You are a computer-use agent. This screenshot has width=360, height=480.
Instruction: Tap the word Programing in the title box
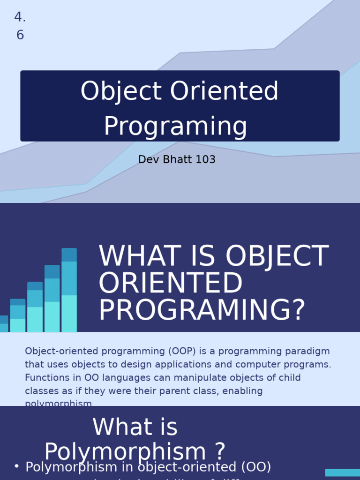pyautogui.click(x=175, y=127)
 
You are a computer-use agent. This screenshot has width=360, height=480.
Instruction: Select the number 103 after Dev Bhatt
pyautogui.click(x=205, y=160)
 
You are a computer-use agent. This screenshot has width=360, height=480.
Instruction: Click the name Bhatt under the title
pyautogui.click(x=176, y=160)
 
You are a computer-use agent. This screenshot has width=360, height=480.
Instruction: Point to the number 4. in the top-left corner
pyautogui.click(x=20, y=17)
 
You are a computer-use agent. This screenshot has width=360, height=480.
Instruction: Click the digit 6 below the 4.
pyautogui.click(x=20, y=35)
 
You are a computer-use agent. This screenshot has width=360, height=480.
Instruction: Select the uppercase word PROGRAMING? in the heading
pyautogui.click(x=202, y=311)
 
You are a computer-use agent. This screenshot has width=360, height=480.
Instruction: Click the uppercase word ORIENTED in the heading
pyautogui.click(x=170, y=284)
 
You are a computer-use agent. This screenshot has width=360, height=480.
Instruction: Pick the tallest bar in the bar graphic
pyautogui.click(x=69, y=290)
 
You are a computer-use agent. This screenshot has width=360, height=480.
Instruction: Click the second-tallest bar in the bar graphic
pyautogui.click(x=52, y=299)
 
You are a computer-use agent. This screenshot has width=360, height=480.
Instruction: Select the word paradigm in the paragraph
pyautogui.click(x=307, y=352)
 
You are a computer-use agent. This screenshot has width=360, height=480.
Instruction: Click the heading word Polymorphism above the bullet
pyautogui.click(x=125, y=452)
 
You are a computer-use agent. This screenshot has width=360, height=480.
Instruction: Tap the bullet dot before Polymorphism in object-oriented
pyautogui.click(x=16, y=466)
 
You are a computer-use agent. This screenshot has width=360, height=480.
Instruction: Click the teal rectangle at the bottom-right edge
pyautogui.click(x=342, y=472)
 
